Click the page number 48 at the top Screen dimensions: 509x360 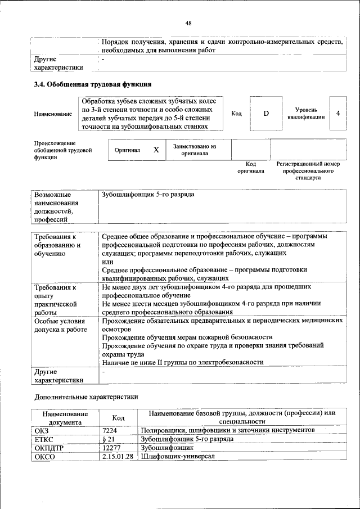(188, 23)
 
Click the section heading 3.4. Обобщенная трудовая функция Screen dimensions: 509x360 (93, 85)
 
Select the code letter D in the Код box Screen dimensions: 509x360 (266, 114)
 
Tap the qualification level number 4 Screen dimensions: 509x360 (337, 113)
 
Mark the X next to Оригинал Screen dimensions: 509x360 (156, 150)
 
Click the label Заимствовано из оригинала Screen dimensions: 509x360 (195, 150)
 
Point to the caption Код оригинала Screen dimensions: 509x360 (250, 167)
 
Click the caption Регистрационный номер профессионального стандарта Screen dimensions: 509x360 (308, 170)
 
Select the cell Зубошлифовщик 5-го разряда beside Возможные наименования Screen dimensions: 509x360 (148, 194)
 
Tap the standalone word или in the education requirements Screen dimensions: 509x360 (107, 262)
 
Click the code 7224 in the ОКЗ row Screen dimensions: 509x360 (109, 430)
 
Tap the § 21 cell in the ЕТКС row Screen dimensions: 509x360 (109, 439)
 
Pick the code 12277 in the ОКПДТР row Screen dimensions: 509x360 (111, 448)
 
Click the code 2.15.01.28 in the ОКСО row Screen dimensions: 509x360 (118, 456)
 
